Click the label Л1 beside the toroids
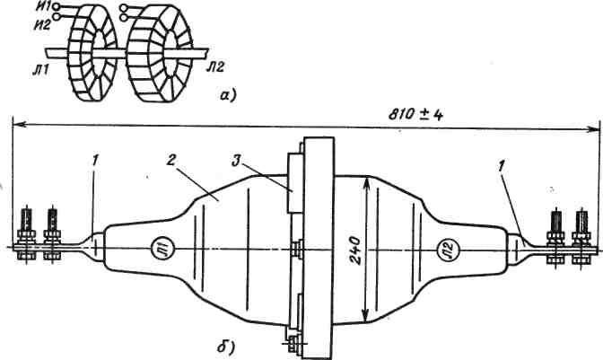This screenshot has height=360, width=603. [x=38, y=69]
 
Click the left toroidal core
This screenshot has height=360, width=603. [x=86, y=52]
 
